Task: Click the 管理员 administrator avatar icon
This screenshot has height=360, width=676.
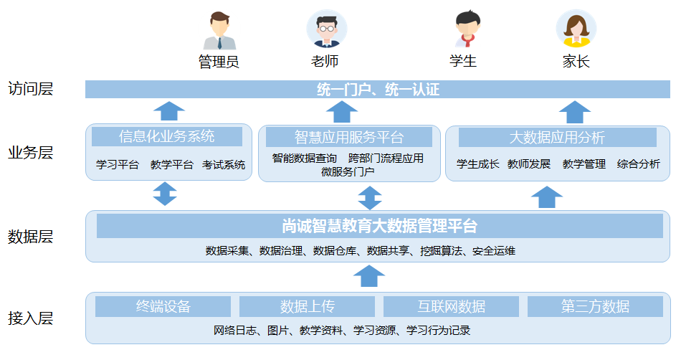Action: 219,31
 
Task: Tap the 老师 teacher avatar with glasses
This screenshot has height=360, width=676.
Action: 326,29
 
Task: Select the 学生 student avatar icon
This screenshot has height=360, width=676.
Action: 465,29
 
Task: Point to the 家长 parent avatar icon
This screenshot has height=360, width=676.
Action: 576,29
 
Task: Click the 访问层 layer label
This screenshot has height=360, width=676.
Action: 30,89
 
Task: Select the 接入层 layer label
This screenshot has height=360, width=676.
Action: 30,318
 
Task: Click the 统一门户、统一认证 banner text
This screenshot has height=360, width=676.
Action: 377,90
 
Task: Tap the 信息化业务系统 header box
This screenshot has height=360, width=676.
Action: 167,136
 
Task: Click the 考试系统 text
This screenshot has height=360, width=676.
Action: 224,165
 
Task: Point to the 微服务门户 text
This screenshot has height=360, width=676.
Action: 348,171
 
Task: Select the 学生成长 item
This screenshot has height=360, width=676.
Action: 477,164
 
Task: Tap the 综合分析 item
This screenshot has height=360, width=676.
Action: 639,164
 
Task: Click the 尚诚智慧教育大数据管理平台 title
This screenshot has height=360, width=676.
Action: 379,226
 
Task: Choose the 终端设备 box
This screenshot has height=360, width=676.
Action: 163,307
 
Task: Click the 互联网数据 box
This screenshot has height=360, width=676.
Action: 451,307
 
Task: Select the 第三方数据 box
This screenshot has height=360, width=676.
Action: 595,307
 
